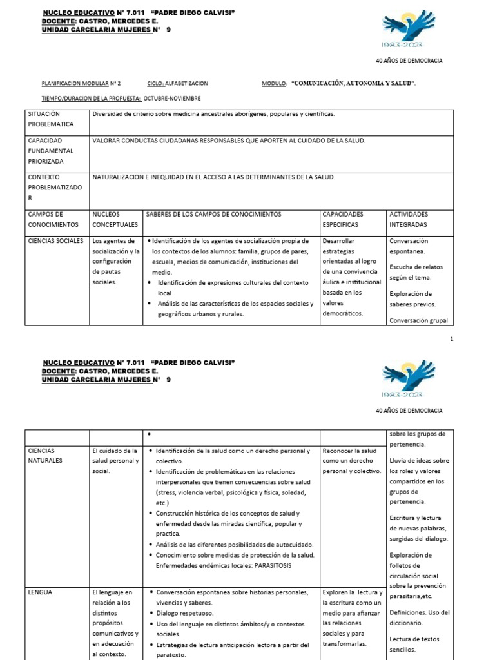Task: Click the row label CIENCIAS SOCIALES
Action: (55, 241)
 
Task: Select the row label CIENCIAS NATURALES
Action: (45, 456)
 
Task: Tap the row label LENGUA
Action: (40, 592)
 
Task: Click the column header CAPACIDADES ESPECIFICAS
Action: (343, 219)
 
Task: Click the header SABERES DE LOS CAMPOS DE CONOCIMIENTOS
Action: (214, 214)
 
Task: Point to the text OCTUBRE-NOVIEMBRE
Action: (172, 98)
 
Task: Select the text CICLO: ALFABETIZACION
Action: (177, 84)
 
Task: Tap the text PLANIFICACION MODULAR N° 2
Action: (81, 84)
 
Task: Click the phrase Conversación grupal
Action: (418, 320)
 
